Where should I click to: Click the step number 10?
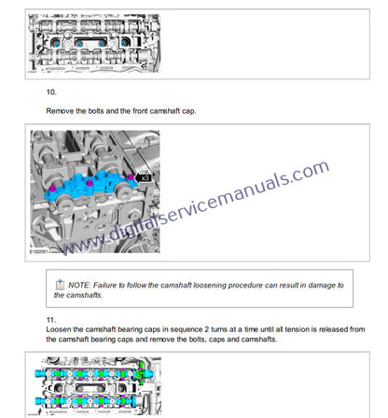(x=51, y=92)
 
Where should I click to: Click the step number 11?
(x=51, y=320)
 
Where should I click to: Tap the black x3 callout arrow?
(x=144, y=178)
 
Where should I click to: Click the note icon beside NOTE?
(x=60, y=285)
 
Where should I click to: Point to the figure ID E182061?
(x=38, y=251)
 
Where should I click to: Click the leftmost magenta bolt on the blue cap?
(x=52, y=188)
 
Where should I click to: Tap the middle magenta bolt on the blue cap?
(x=90, y=183)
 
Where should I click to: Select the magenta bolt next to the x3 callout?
(x=131, y=177)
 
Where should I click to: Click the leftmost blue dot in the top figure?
(x=57, y=44)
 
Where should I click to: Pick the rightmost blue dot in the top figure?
(x=124, y=43)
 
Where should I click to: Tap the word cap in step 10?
(x=188, y=111)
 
